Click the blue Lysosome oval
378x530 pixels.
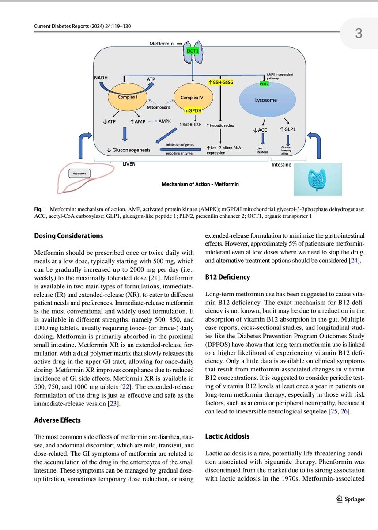click(x=266, y=100)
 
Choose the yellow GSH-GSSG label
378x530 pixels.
click(x=221, y=81)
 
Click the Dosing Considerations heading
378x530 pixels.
click(x=68, y=235)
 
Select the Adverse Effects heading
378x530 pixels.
click(x=57, y=420)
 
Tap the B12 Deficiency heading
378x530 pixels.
click(x=227, y=277)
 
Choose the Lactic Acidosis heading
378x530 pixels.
click(x=227, y=436)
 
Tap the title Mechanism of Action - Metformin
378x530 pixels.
click(x=200, y=184)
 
